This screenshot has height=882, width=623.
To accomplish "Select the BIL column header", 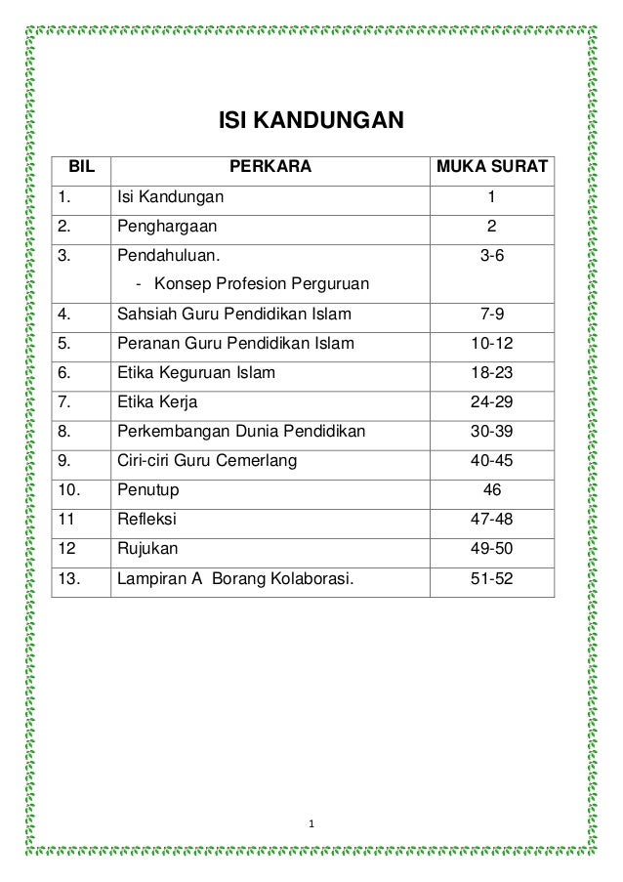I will pyautogui.click(x=81, y=167).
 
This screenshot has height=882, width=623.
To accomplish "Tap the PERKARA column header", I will pyautogui.click(x=270, y=167).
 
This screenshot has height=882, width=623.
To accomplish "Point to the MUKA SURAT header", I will pyautogui.click(x=491, y=167).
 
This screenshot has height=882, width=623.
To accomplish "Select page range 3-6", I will pyautogui.click(x=492, y=256).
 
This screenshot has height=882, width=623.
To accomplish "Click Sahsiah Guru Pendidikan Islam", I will pyautogui.click(x=234, y=315).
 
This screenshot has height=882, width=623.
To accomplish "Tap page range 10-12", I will pyautogui.click(x=492, y=344).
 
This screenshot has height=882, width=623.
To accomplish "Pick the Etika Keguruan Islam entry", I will pyautogui.click(x=196, y=372).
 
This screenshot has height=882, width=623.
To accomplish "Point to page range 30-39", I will pyautogui.click(x=492, y=431).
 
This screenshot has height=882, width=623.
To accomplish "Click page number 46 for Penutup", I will pyautogui.click(x=492, y=489).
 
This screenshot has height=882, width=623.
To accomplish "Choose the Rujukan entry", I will pyautogui.click(x=147, y=548).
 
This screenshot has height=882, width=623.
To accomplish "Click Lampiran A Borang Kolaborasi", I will pyautogui.click(x=235, y=577).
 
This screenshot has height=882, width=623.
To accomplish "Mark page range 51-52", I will pyautogui.click(x=492, y=577).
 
